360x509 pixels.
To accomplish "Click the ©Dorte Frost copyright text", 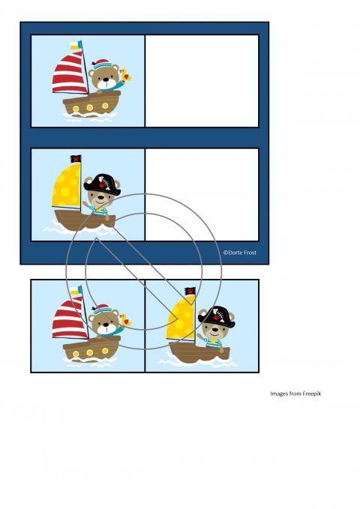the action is [x=240, y=252].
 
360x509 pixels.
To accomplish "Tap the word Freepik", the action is [x=311, y=394].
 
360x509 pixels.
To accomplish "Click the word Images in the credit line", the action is [x=279, y=394].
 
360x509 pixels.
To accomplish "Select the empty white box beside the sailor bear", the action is [x=202, y=81].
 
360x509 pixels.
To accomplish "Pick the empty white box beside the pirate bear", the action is [x=202, y=195].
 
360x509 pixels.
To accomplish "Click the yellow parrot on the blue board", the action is [x=125, y=75].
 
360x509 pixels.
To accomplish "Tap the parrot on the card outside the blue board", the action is [x=125, y=320].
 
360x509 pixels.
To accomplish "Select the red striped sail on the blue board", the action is [x=70, y=74].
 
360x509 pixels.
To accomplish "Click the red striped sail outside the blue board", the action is [x=70, y=319].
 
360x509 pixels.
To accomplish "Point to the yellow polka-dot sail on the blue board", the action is [x=67, y=185].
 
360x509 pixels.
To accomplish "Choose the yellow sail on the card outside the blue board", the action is [x=181, y=318].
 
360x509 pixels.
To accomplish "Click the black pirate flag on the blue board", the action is [x=76, y=159].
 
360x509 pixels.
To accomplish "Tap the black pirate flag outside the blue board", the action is [x=190, y=291].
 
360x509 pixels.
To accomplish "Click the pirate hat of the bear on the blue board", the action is [x=102, y=184].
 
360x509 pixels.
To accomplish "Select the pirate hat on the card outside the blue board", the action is [x=216, y=316].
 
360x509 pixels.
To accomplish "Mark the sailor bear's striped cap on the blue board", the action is [x=100, y=64].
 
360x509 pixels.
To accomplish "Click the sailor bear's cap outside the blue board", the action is [x=100, y=309].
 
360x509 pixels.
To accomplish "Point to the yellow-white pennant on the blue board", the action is [x=76, y=46].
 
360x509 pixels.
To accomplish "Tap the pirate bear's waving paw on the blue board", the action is [x=85, y=205].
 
